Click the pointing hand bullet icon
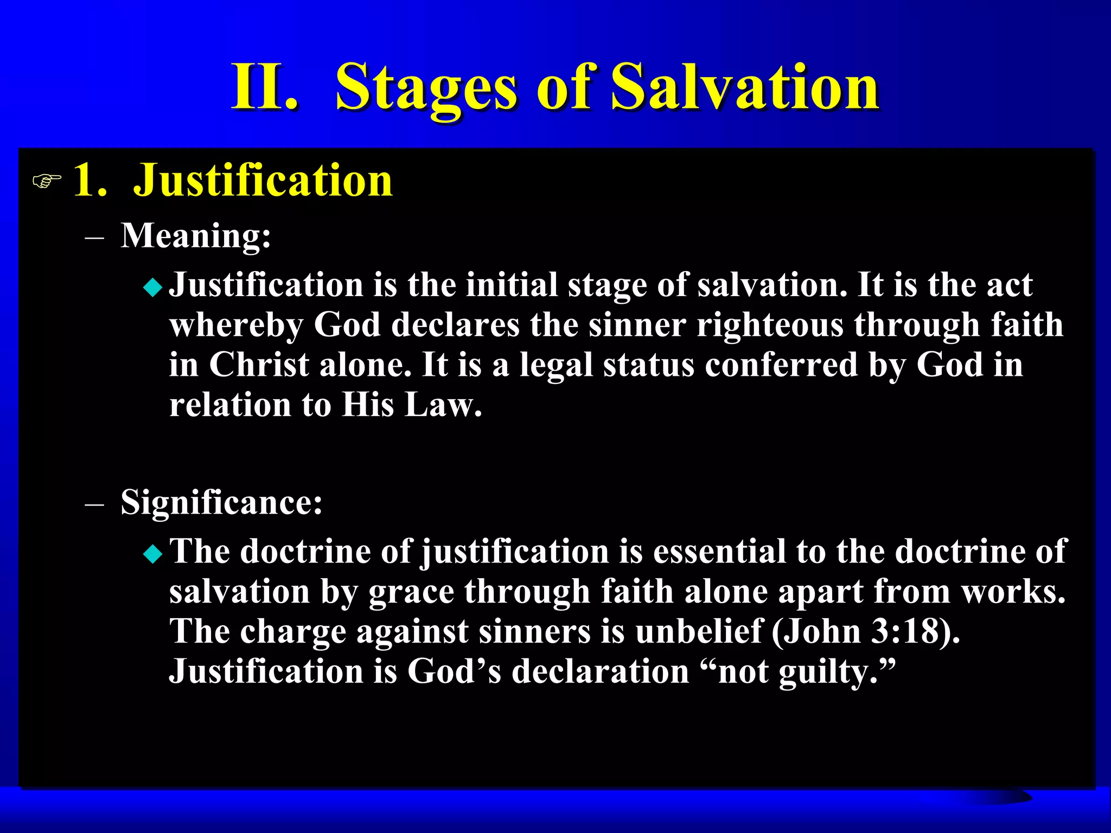[47, 181]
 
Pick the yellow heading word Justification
[263, 180]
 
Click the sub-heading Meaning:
[195, 236]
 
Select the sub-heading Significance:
[221, 502]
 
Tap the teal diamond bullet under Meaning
[153, 287]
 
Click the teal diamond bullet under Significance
[153, 554]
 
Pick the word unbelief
[698, 631]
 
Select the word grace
[411, 592]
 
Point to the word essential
[719, 552]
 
